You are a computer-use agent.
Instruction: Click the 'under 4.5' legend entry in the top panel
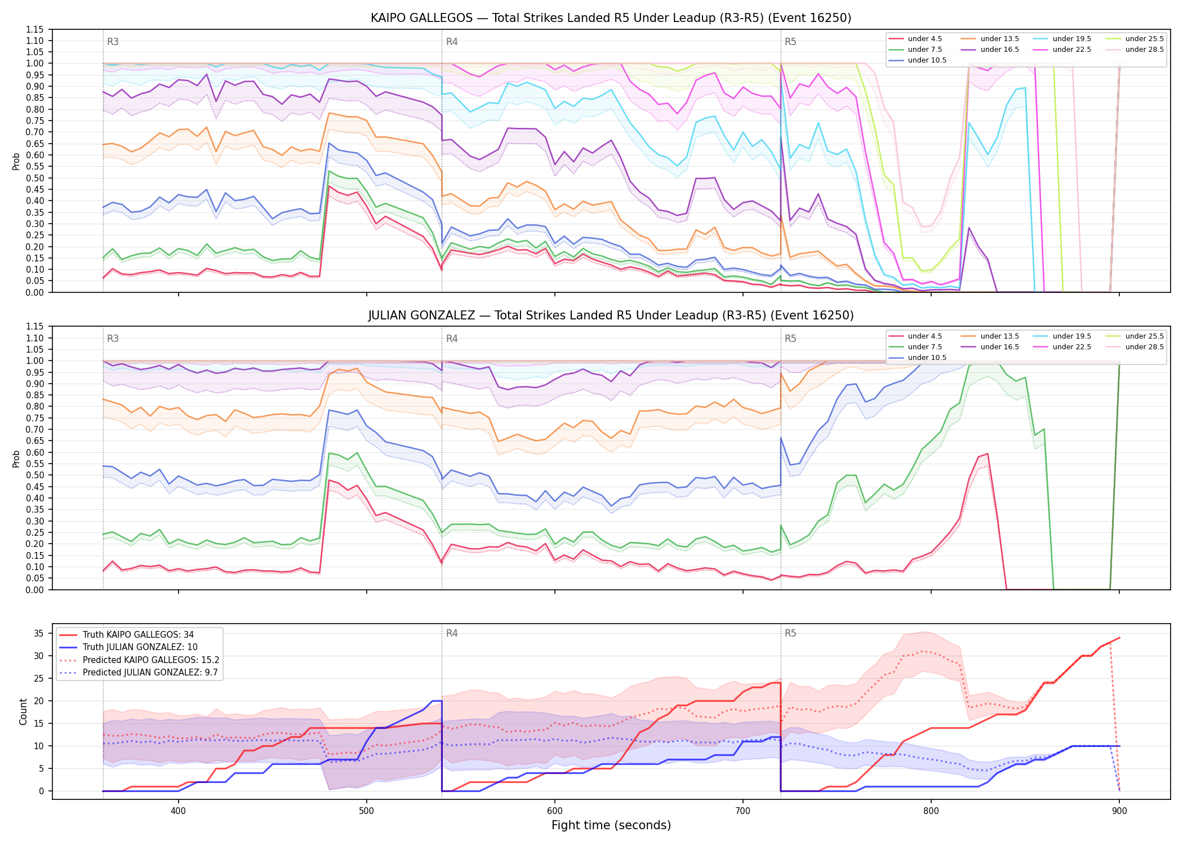[915, 39]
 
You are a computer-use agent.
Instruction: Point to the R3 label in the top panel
[113, 42]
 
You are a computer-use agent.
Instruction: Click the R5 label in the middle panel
[790, 339]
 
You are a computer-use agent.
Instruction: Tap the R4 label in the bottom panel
[452, 633]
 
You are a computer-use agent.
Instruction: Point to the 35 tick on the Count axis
[39, 633]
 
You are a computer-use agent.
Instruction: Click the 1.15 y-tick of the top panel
[34, 29]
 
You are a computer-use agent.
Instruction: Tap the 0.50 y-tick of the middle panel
[34, 475]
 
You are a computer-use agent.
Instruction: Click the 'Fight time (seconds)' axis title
[611, 825]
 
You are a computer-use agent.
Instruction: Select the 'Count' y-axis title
[23, 711]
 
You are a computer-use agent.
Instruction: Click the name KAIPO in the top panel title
[389, 18]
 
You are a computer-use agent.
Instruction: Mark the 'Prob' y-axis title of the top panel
[16, 161]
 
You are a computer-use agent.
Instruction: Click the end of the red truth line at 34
[1119, 638]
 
